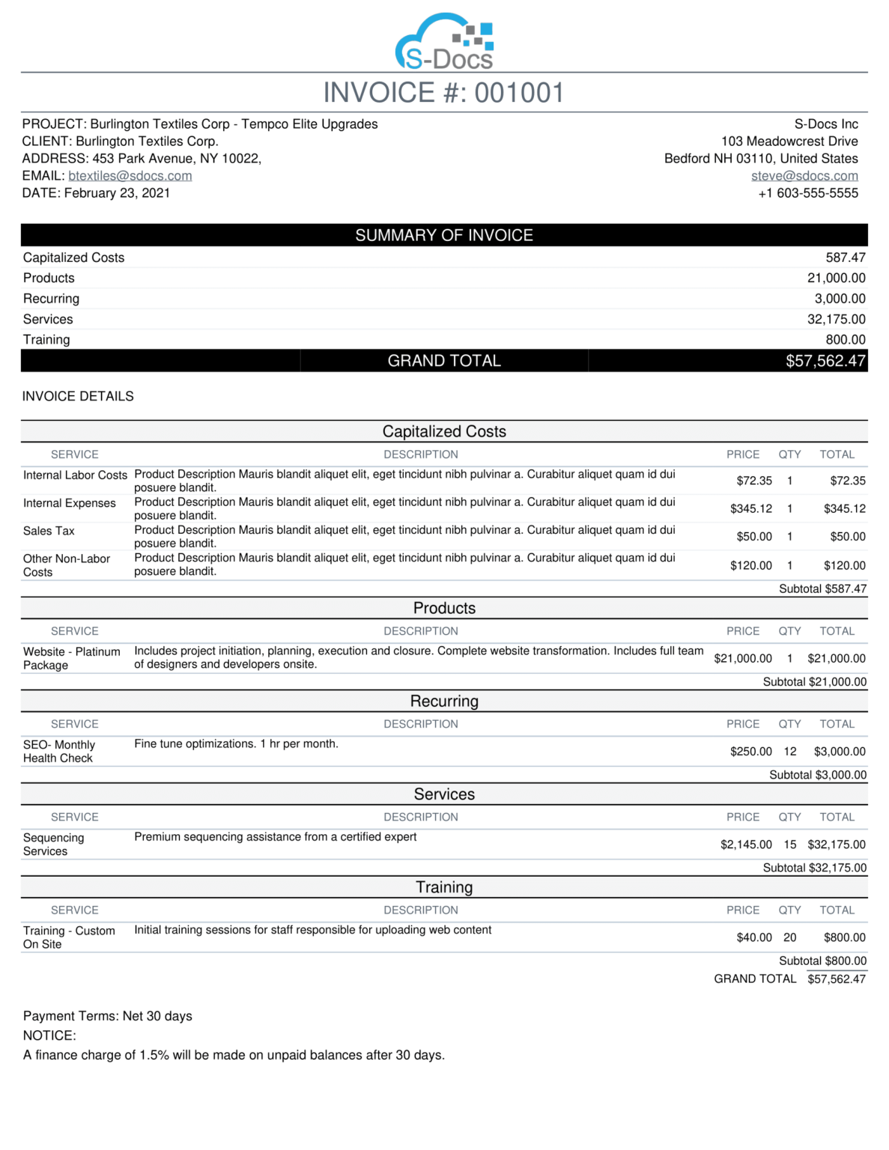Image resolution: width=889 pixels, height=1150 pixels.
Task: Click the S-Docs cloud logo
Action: pyautogui.click(x=444, y=42)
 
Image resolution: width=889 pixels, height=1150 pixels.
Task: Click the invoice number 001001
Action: pyautogui.click(x=519, y=93)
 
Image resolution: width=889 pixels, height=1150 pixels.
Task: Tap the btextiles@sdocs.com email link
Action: pyautogui.click(x=130, y=176)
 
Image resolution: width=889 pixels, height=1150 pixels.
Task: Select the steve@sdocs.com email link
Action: pyautogui.click(x=804, y=176)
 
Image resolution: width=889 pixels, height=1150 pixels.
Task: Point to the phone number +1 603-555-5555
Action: pyautogui.click(x=808, y=193)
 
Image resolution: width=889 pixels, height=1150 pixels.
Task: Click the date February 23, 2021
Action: pyautogui.click(x=117, y=193)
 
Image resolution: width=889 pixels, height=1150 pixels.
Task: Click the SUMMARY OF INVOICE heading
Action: pyautogui.click(x=444, y=235)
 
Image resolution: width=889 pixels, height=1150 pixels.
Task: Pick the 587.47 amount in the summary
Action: pyautogui.click(x=846, y=258)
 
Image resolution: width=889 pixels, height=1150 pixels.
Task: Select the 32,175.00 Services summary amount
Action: pyautogui.click(x=836, y=319)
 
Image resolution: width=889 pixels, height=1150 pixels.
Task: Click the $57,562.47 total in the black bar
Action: pyautogui.click(x=825, y=361)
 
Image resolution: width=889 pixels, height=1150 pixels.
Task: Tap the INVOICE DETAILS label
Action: pyautogui.click(x=78, y=396)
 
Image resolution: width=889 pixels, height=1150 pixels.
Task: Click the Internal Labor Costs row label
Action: pyautogui.click(x=75, y=475)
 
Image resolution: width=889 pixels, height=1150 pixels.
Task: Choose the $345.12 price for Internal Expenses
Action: pyautogui.click(x=750, y=509)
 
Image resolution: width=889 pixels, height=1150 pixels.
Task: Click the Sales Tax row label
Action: pyautogui.click(x=49, y=531)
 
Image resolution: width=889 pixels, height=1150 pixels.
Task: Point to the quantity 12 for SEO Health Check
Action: pyautogui.click(x=789, y=752)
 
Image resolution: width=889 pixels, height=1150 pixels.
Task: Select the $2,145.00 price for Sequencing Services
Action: pyautogui.click(x=746, y=845)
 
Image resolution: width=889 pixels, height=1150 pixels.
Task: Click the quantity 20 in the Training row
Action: pyautogui.click(x=789, y=937)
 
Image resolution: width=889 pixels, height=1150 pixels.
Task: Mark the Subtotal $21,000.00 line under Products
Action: pyautogui.click(x=814, y=682)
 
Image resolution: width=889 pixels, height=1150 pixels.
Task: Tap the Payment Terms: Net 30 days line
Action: pyautogui.click(x=108, y=1016)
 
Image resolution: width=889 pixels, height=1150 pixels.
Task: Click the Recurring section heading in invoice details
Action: pyautogui.click(x=444, y=702)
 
